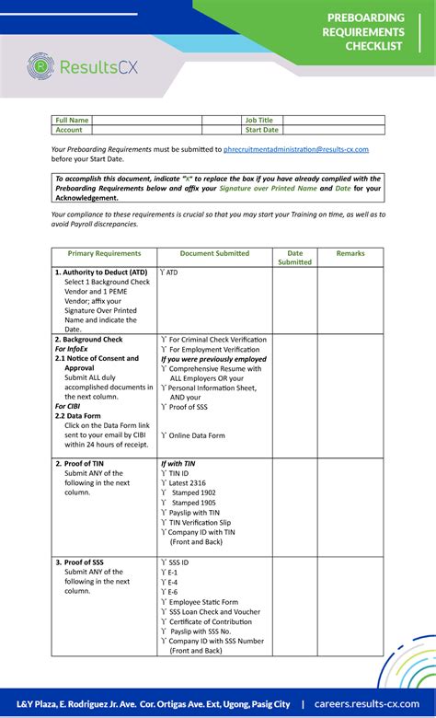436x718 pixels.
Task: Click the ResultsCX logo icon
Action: click(40, 66)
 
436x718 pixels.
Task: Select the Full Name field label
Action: click(72, 120)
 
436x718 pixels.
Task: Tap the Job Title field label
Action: click(258, 120)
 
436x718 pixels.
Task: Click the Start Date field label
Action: click(261, 130)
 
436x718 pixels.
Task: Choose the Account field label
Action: click(69, 130)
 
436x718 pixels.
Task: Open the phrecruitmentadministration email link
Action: click(295, 149)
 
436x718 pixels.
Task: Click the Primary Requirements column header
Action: click(104, 253)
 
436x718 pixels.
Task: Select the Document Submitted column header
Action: click(214, 253)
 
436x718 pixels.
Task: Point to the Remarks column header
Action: click(350, 253)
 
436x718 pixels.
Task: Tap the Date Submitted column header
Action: click(294, 258)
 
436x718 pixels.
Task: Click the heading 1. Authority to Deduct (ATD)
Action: click(101, 272)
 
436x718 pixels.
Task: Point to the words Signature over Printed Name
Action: click(268, 188)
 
